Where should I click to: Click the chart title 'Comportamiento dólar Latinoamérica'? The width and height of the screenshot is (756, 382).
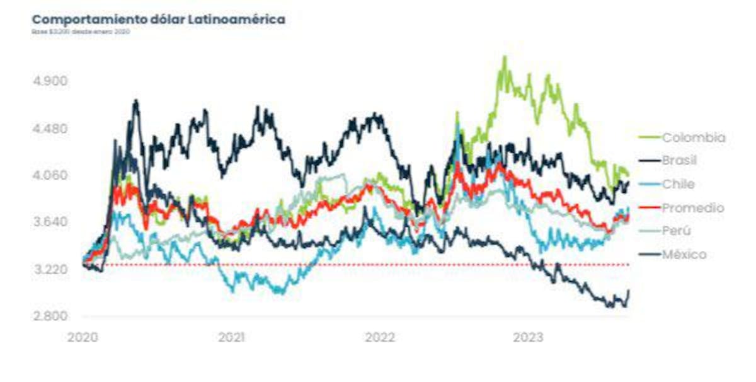(x=158, y=20)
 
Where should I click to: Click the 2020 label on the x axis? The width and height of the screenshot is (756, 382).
(x=83, y=337)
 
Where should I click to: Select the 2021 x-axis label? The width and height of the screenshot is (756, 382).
(x=231, y=337)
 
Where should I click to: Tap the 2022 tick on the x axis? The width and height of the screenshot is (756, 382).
(x=380, y=337)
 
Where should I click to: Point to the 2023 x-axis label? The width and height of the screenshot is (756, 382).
(x=528, y=337)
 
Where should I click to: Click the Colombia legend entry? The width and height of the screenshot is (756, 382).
(x=693, y=137)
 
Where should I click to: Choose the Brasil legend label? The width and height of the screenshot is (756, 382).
(x=679, y=161)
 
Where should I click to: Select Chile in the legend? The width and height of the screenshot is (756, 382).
(x=678, y=184)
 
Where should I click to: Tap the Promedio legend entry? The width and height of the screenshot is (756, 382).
(x=692, y=207)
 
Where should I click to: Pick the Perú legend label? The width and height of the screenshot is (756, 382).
(x=676, y=231)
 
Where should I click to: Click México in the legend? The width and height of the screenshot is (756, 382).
(x=684, y=255)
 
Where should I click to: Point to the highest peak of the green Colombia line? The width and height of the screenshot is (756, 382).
(x=504, y=57)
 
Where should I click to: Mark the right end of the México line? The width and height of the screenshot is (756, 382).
(x=629, y=291)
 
